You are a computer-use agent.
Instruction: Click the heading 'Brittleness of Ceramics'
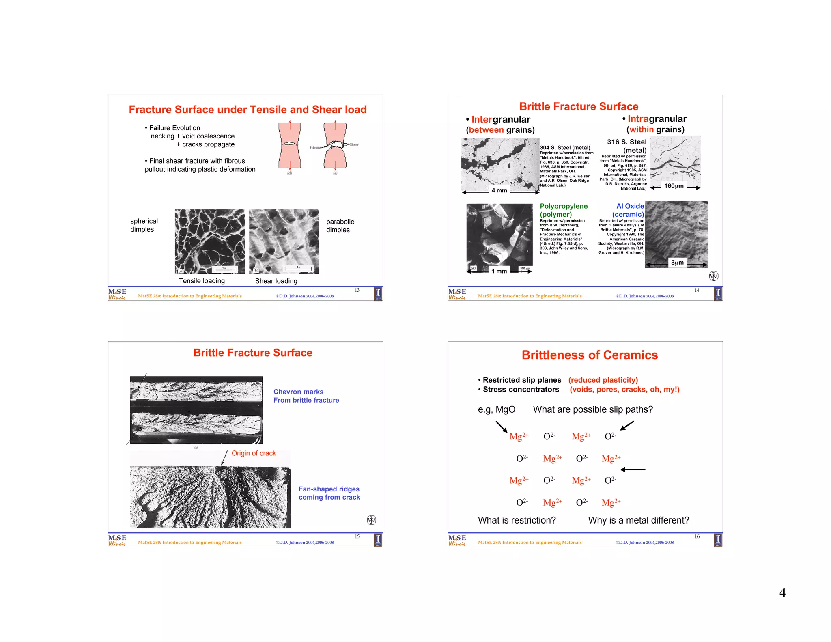(589, 355)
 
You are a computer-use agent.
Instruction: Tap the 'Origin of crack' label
(254, 453)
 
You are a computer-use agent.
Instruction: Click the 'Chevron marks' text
(298, 392)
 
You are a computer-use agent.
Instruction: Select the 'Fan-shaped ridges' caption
(329, 489)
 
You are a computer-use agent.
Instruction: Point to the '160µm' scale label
(674, 186)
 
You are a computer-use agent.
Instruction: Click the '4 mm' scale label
(499, 190)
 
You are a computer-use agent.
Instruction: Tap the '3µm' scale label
(677, 263)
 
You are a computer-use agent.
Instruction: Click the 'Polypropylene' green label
(563, 206)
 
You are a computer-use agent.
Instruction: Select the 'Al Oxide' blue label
(630, 206)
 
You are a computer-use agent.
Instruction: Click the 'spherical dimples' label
(144, 225)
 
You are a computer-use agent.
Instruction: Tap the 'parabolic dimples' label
(340, 226)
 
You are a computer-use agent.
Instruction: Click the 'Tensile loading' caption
(202, 281)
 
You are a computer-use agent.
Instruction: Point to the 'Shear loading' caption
(276, 281)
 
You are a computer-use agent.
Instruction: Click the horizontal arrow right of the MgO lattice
(633, 470)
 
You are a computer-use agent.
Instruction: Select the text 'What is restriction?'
(517, 520)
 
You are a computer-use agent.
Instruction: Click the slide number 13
(357, 290)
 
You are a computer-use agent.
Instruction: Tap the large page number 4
(782, 593)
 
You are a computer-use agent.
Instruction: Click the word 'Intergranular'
(501, 119)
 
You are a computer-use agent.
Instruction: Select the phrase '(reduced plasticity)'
(603, 380)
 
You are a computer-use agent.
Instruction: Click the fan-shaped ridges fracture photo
(210, 497)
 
